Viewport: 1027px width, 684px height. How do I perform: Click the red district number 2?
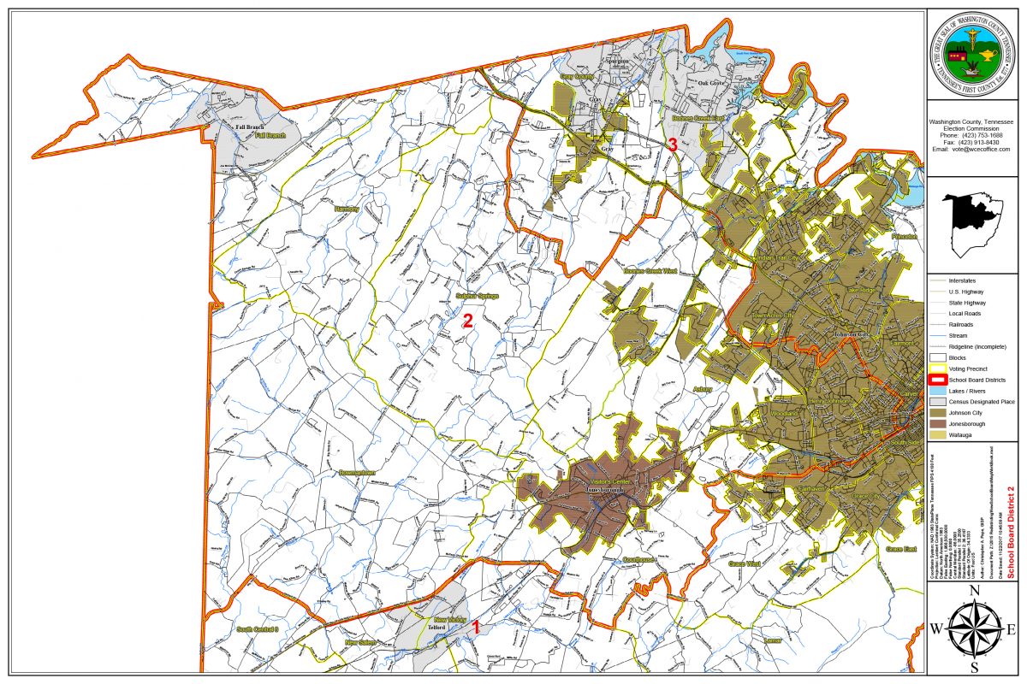click(467, 321)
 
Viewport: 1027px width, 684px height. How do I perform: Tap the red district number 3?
click(673, 145)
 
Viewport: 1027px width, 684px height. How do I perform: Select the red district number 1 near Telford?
click(476, 628)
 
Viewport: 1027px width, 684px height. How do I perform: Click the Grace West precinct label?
click(744, 564)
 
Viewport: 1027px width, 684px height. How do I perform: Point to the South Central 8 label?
click(258, 629)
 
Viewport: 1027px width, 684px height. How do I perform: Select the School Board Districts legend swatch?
click(937, 380)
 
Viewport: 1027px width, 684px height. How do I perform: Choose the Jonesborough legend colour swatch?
click(937, 424)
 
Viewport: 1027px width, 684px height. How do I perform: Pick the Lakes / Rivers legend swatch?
click(937, 391)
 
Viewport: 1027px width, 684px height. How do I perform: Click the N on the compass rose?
click(973, 591)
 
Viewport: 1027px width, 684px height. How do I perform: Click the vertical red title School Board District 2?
click(1011, 533)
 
